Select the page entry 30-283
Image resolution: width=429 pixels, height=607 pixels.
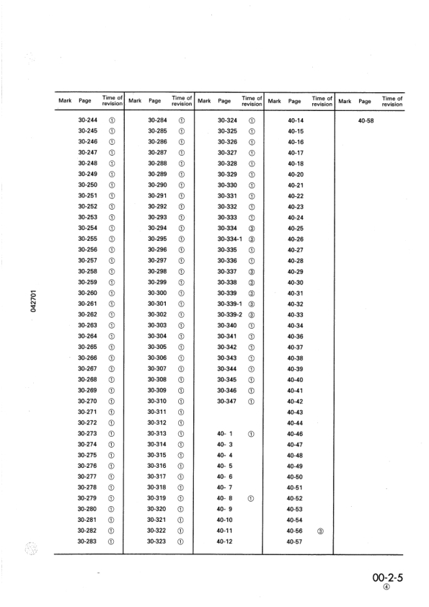87,541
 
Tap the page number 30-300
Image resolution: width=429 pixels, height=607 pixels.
157,293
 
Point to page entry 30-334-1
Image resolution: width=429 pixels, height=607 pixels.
230,239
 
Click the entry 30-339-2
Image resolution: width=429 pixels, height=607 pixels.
230,314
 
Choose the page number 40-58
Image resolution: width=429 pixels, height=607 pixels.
365,120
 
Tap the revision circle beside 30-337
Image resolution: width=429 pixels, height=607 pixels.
252,272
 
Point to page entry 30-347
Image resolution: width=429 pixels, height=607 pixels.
228,401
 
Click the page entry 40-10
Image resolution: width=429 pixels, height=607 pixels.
225,519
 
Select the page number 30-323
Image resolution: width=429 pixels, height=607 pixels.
157,541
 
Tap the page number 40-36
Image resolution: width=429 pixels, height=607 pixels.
295,336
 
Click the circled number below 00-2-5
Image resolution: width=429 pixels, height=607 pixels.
388,587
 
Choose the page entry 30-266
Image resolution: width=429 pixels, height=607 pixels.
87,358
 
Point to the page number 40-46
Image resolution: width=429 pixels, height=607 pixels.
295,434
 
